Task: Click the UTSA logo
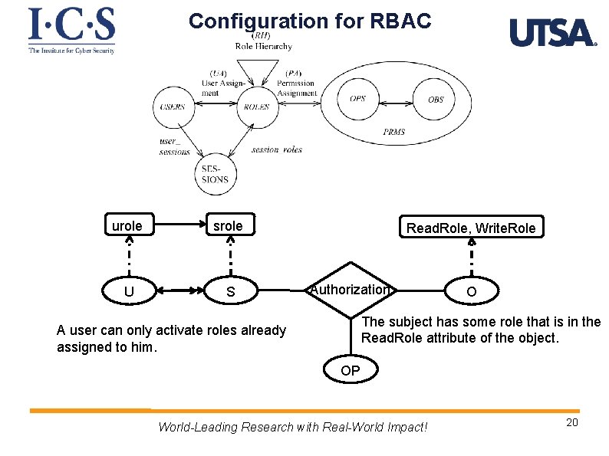[x=552, y=33]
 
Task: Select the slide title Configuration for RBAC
[x=310, y=21]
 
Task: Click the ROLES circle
[x=257, y=107]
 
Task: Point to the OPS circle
[x=358, y=99]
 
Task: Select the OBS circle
[x=435, y=100]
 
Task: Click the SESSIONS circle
[x=215, y=175]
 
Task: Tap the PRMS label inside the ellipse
[x=394, y=132]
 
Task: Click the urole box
[x=127, y=226]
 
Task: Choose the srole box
[x=228, y=226]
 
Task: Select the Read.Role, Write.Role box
[x=471, y=228]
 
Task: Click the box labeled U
[x=129, y=291]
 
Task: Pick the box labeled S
[x=230, y=292]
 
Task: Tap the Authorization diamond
[x=350, y=290]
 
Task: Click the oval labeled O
[x=471, y=292]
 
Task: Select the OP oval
[x=351, y=371]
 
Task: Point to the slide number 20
[x=571, y=424]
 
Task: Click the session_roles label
[x=276, y=150]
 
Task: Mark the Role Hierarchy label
[x=263, y=46]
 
